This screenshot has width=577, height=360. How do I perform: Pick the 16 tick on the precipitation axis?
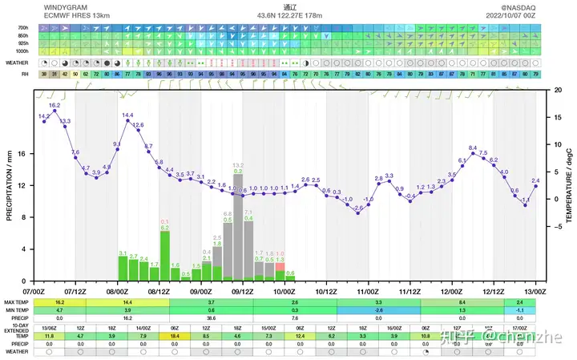click(22, 153)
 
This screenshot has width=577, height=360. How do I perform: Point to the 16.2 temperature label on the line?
click(54, 105)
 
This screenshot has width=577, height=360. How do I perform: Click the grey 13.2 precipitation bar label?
click(238, 165)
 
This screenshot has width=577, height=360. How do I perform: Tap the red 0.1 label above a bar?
click(164, 221)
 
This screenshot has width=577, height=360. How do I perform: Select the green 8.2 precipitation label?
click(238, 172)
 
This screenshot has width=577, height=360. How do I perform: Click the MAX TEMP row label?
click(18, 301)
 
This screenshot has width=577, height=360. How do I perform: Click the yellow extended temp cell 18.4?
click(175, 336)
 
